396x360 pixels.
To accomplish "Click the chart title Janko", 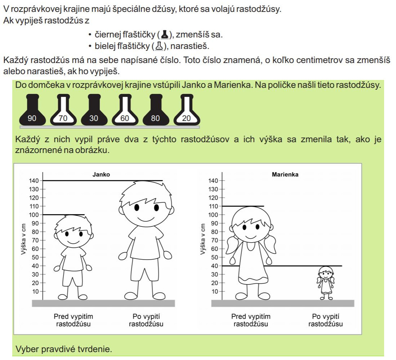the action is [x=101, y=174].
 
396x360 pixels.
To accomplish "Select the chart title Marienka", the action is [x=285, y=174].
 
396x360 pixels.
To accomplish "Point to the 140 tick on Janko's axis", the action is [x=34, y=181].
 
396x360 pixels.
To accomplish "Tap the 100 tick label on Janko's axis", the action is [x=34, y=215].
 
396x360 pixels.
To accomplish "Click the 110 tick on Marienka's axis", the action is [x=213, y=206].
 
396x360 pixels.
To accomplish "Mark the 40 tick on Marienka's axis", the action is [x=215, y=266].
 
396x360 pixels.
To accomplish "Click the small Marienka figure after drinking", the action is [x=326, y=283].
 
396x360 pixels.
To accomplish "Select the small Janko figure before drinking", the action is [x=73, y=257].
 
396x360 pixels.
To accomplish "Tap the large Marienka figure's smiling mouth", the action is [x=251, y=237].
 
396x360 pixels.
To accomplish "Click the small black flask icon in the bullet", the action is [x=165, y=34].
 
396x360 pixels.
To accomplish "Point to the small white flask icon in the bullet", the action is [x=159, y=46].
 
